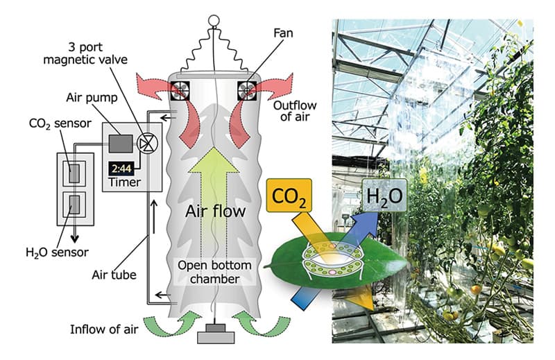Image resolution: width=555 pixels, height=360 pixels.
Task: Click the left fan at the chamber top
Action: point(180,91)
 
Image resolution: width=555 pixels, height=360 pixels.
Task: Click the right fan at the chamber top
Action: point(247,91)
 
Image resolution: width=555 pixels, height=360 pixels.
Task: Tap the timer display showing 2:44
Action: point(121,169)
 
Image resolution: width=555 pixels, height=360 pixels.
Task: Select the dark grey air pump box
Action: point(121,144)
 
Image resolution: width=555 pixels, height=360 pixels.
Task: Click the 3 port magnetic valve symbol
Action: point(147,144)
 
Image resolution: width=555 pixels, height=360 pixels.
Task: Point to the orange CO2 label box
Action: point(289,196)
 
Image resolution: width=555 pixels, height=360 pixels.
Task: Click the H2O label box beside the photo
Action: point(384,196)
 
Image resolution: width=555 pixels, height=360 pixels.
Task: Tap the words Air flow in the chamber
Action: point(215,211)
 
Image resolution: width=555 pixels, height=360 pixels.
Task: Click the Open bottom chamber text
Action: point(215,272)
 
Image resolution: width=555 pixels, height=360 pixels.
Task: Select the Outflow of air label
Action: point(295,111)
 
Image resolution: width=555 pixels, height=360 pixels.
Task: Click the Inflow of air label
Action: point(104,329)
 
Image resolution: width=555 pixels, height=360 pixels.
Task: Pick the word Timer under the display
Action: point(125,182)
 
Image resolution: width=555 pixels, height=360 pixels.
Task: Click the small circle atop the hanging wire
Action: point(214,21)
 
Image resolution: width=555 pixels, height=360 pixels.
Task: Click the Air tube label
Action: point(114,275)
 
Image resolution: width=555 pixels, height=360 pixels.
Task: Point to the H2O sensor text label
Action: point(57,252)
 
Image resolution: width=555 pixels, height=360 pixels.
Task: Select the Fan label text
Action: point(283,33)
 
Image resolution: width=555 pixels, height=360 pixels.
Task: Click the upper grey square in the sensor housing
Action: point(74,173)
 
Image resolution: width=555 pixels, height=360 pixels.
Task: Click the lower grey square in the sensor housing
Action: point(74,205)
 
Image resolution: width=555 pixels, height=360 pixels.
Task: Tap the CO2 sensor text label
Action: point(60,123)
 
